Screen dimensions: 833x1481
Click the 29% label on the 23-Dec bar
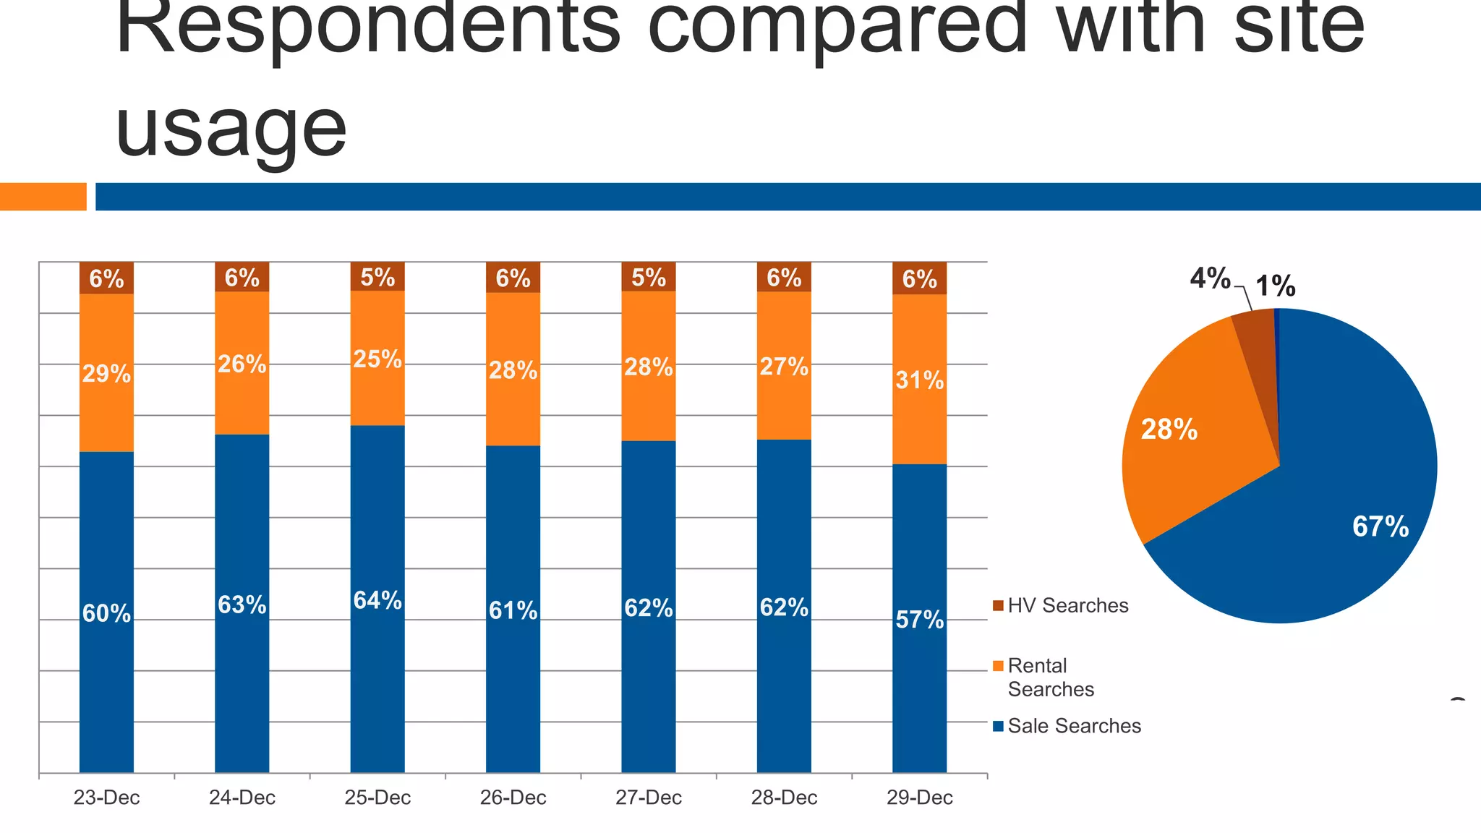(106, 374)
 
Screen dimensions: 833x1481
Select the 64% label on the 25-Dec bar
(377, 600)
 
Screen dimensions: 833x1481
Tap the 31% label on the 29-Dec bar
(919, 380)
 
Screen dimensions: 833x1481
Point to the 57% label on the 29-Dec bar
(919, 620)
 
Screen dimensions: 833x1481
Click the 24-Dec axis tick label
(242, 798)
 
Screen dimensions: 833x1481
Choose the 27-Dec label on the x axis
(649, 798)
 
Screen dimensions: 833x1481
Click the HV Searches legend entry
(1067, 605)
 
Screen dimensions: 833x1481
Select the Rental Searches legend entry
(1050, 677)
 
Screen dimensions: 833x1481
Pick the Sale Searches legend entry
(1074, 726)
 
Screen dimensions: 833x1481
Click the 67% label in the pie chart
(1380, 526)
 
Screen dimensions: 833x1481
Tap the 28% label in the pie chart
(1169, 430)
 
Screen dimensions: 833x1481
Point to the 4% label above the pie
(1210, 278)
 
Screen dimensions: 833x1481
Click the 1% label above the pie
(1275, 286)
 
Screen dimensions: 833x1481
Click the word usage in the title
(231, 130)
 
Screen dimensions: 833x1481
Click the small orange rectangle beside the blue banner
(43, 197)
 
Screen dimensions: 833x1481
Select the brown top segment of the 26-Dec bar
(513, 278)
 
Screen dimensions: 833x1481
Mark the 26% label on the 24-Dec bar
(242, 364)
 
